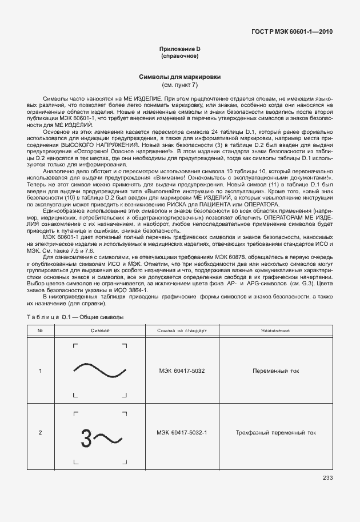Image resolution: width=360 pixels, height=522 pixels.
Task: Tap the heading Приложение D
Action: coord(179,49)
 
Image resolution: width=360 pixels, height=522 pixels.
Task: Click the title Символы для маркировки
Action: coord(179,77)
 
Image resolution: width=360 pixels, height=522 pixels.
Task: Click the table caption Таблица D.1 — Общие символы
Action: coord(75,317)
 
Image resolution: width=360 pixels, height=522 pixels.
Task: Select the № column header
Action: coord(40,331)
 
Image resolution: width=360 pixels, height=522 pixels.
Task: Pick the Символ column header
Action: coord(99,331)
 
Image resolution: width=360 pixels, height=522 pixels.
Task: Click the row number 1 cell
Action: coord(40,371)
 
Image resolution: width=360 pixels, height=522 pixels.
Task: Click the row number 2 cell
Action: coord(40,432)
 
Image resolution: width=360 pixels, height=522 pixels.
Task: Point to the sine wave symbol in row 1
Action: coord(100,371)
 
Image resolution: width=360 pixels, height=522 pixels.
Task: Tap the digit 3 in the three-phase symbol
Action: coord(86,438)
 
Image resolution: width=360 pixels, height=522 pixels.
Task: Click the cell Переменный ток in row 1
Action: coord(275,371)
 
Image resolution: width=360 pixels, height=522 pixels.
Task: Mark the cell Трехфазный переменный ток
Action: coord(275,432)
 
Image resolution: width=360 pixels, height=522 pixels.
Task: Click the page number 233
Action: coord(327,478)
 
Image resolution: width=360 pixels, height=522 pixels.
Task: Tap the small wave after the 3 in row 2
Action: coord(107,439)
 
